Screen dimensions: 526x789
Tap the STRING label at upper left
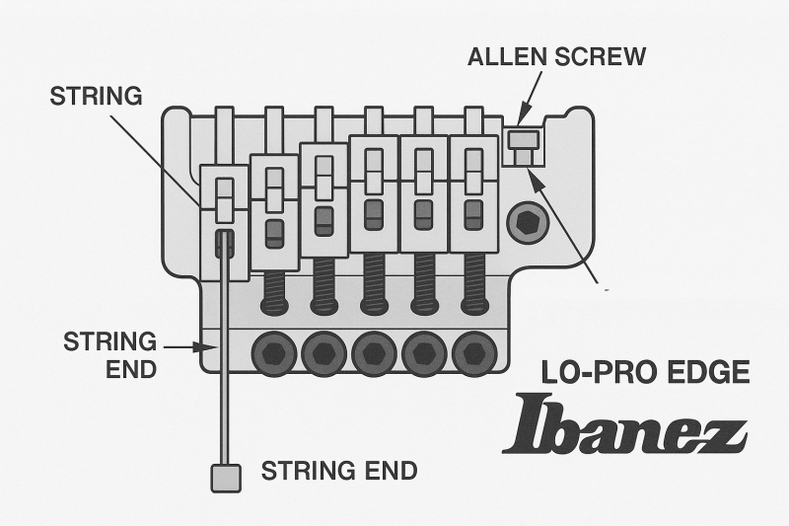[x=97, y=97]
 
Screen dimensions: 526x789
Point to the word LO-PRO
[x=589, y=372]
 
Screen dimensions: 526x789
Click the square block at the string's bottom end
[x=226, y=478]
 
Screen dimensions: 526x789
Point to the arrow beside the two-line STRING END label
[x=186, y=347]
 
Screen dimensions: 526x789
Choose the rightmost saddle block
[x=473, y=192]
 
